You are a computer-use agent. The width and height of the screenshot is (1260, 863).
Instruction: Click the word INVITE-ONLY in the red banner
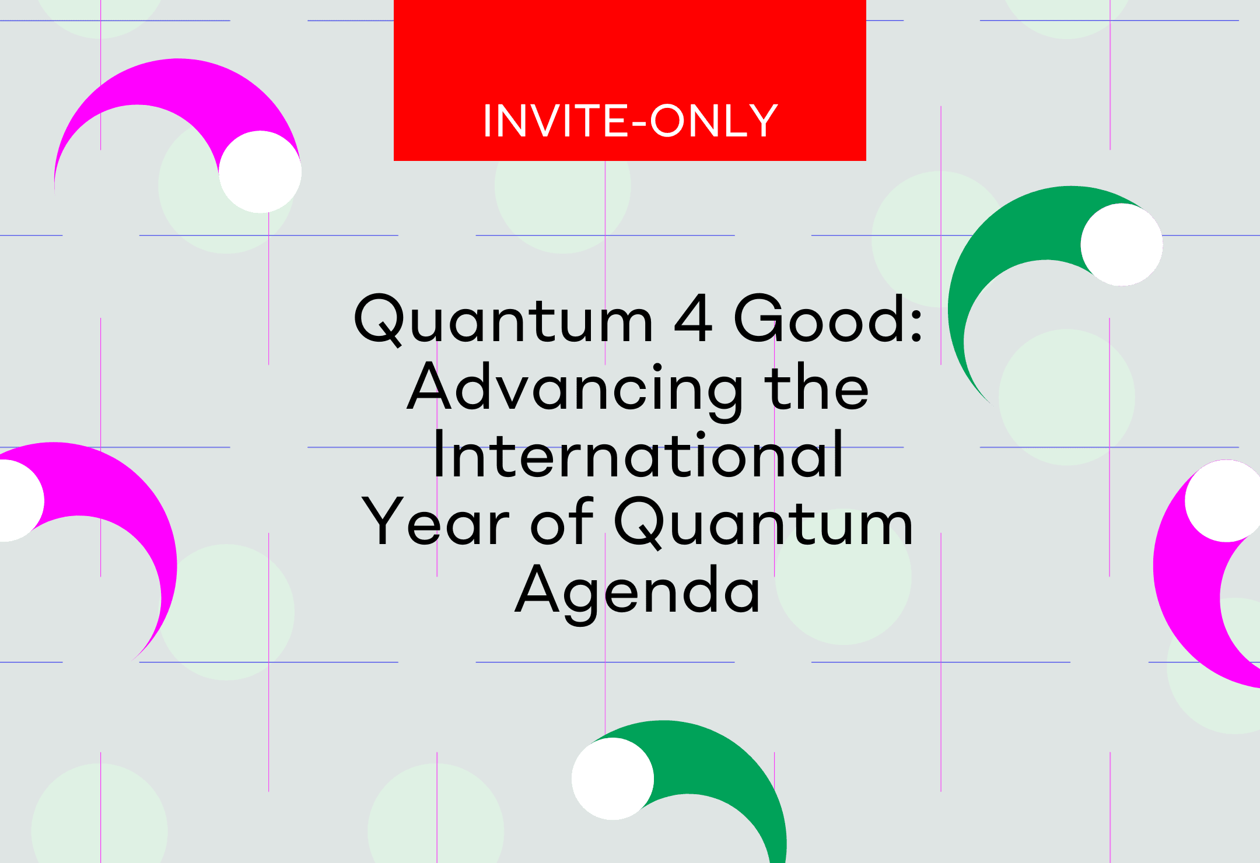point(630,121)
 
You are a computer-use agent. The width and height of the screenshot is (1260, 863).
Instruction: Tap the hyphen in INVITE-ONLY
point(638,124)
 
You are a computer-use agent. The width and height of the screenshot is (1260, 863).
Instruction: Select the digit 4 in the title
point(693,318)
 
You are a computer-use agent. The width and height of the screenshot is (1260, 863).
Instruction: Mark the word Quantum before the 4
point(503,320)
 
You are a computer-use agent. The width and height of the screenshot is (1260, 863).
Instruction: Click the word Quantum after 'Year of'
point(764,522)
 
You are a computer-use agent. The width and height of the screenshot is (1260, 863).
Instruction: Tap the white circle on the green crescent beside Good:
point(1121,245)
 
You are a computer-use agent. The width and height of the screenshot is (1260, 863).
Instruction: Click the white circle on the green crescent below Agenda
point(612,779)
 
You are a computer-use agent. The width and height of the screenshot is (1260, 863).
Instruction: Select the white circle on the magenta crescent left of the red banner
point(260,172)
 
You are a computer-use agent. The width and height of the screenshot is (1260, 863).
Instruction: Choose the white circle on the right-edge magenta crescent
point(1224,501)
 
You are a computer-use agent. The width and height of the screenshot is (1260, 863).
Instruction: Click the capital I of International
point(439,453)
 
